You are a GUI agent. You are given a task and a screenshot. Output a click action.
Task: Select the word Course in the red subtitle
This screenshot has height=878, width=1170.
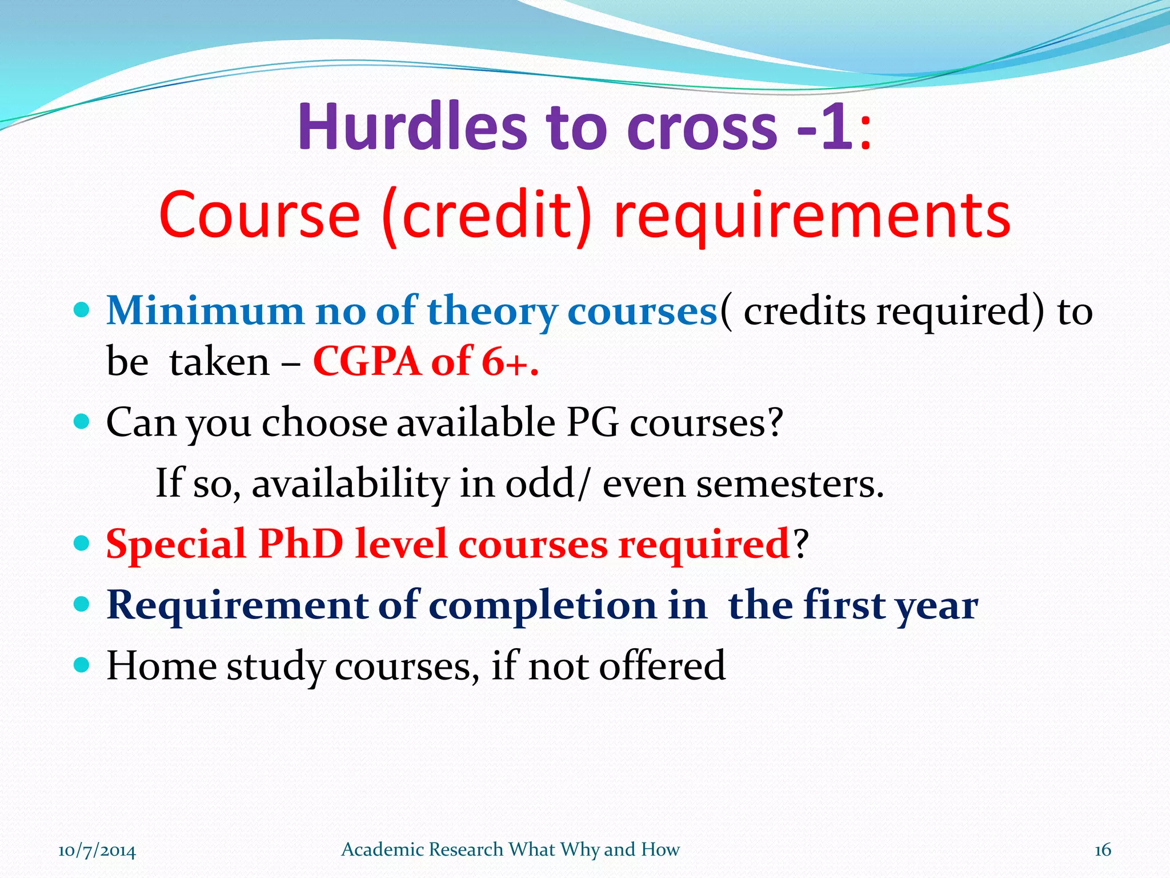260,216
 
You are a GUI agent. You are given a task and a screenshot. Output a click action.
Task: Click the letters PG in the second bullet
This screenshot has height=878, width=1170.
592,423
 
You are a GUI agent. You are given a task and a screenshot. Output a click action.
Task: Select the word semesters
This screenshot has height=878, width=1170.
790,484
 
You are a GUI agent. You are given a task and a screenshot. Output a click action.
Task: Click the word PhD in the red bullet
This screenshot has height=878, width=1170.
300,544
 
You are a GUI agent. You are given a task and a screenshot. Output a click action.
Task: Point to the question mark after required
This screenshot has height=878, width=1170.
801,544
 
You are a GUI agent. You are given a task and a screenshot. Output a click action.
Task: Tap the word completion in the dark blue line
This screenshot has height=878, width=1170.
542,605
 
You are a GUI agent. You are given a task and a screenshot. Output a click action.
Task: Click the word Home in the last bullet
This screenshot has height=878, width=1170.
162,666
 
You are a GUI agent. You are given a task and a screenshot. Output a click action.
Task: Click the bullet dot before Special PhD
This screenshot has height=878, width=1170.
82,542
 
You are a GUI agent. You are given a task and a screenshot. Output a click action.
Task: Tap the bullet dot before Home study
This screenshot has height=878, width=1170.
82,664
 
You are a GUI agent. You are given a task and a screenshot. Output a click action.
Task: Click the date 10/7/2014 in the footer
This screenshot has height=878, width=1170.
97,851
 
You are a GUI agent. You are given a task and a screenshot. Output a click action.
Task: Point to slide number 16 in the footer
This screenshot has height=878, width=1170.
1102,851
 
